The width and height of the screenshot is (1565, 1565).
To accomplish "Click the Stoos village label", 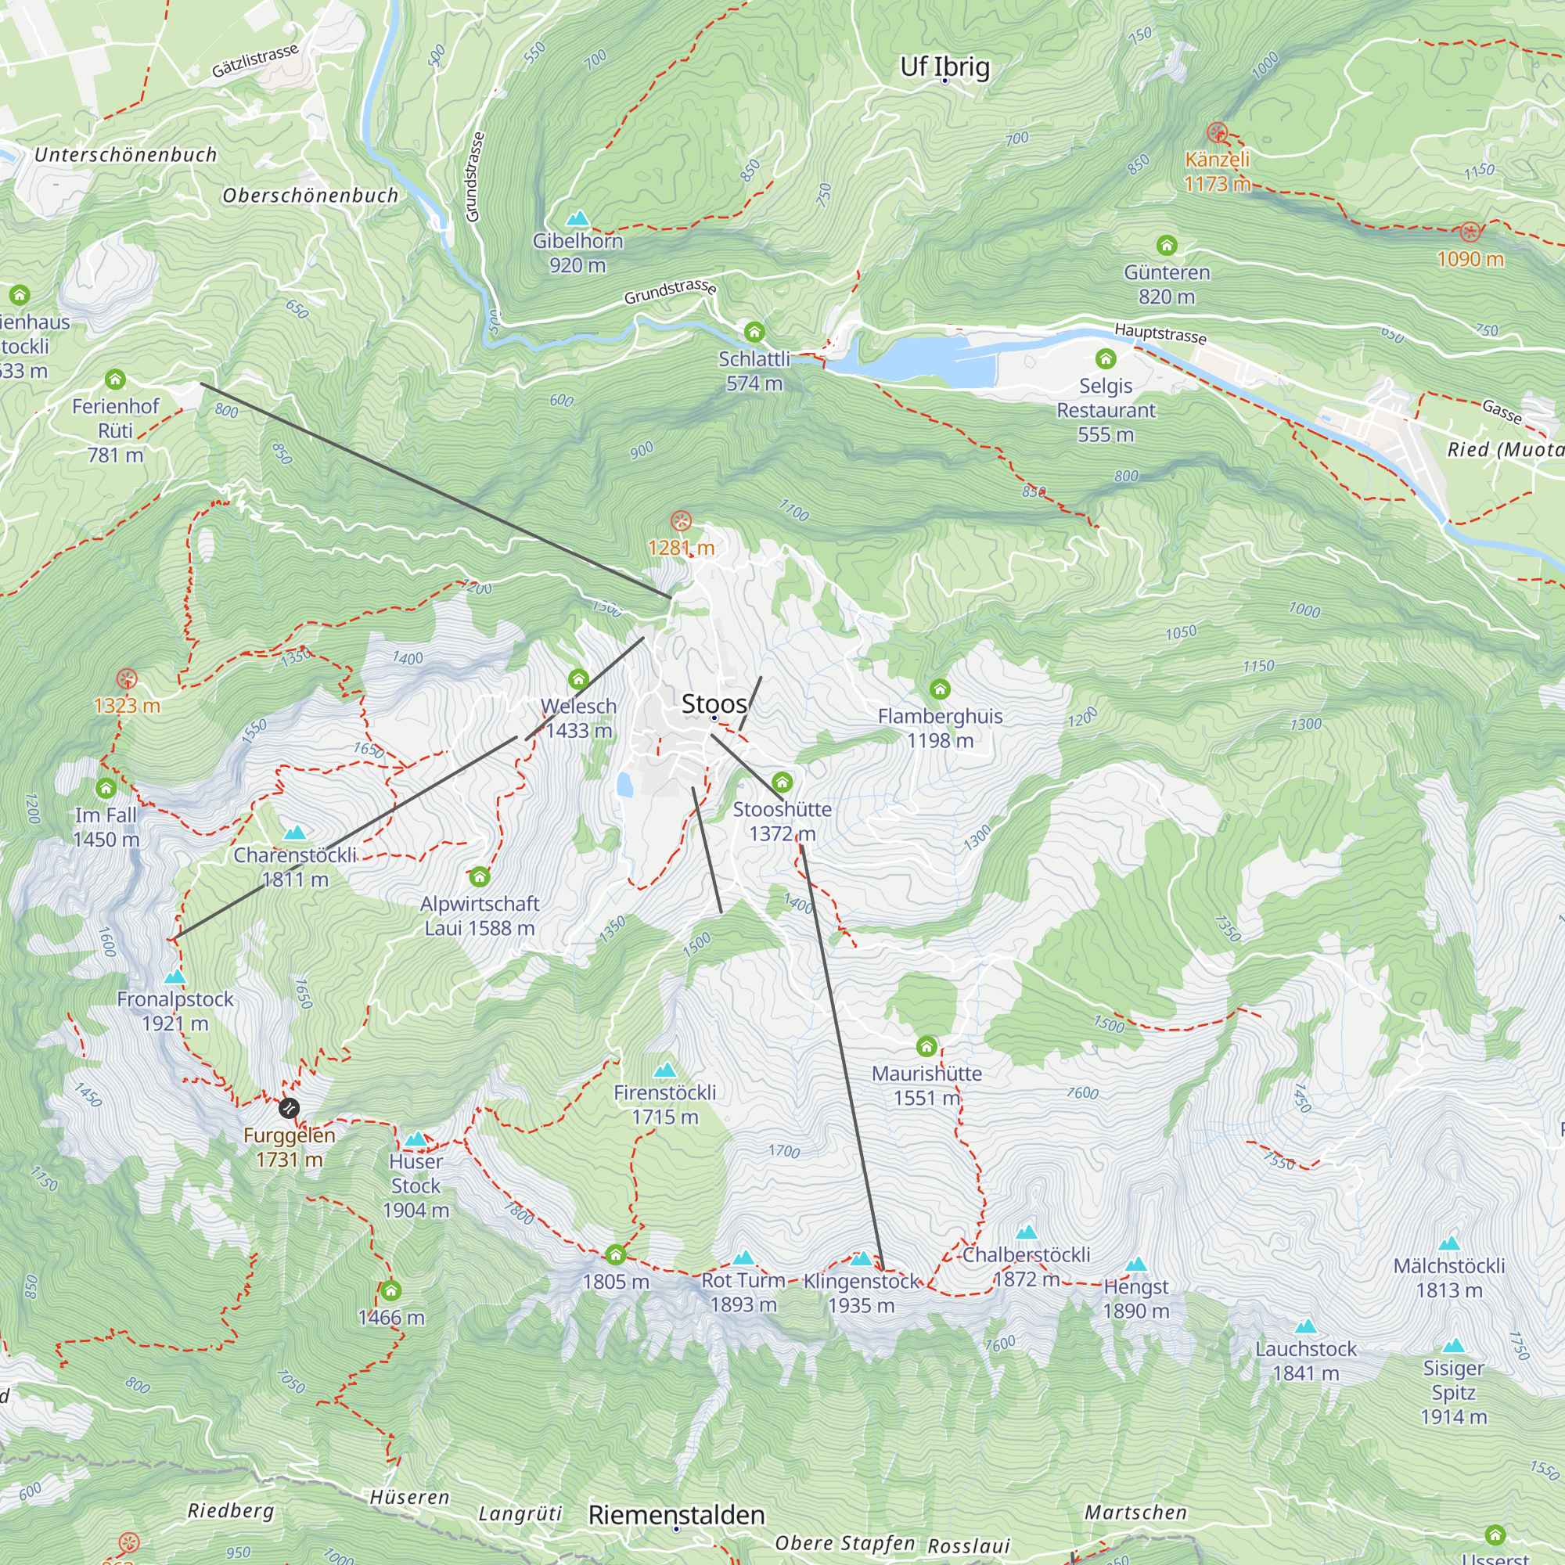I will (714, 703).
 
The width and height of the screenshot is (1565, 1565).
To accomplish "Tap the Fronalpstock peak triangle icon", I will (174, 977).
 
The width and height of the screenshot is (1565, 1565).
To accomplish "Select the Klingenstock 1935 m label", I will (861, 1293).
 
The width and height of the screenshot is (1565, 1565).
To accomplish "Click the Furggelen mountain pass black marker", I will (290, 1107).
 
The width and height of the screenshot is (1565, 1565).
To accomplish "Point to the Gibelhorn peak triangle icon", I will (577, 219).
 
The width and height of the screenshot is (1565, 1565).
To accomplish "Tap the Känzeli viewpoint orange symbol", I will (1217, 133).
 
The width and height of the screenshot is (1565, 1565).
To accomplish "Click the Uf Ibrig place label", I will (944, 67).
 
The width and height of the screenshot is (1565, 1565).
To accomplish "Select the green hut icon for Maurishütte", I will (926, 1046).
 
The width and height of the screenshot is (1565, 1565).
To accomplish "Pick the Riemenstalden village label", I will (676, 1514).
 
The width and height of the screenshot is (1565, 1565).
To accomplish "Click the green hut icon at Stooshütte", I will (782, 782).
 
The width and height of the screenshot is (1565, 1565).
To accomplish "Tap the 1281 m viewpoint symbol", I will (682, 521).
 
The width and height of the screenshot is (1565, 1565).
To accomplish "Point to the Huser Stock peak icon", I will (416, 1139).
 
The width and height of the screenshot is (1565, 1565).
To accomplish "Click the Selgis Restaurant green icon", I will (1106, 358).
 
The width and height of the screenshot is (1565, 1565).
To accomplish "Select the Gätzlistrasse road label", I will (255, 62).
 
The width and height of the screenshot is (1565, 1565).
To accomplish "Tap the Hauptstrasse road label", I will (1160, 333).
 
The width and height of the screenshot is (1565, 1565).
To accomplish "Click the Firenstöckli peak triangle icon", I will (665, 1070).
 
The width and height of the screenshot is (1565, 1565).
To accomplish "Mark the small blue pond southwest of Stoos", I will (624, 784).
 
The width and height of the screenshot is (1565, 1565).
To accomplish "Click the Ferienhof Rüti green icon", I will (115, 378).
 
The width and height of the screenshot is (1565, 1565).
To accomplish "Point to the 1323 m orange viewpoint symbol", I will (126, 678).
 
